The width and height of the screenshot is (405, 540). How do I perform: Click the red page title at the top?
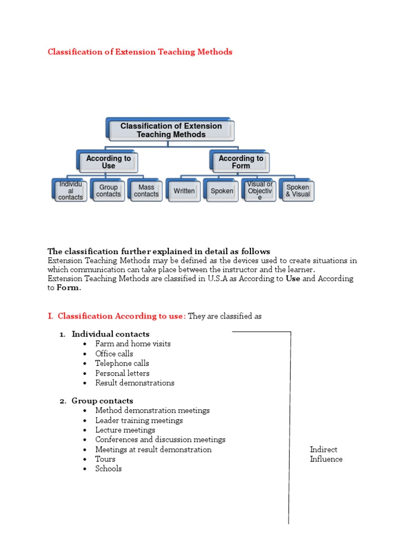click(x=140, y=52)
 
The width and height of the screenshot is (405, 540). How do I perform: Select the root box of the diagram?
click(x=171, y=130)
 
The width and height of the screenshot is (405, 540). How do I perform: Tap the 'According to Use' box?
click(x=108, y=162)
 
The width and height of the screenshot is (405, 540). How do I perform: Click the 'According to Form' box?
click(x=240, y=162)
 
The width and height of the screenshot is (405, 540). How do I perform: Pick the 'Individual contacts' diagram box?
click(x=70, y=190)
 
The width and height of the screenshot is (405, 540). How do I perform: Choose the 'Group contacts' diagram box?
click(x=108, y=190)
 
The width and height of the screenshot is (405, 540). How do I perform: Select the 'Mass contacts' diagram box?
click(x=146, y=190)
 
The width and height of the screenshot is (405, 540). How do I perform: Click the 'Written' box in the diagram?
click(x=184, y=191)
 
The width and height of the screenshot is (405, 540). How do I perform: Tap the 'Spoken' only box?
click(x=222, y=191)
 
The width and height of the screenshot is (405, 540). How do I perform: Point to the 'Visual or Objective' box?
click(x=259, y=191)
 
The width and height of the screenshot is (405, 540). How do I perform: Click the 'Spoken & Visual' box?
click(x=297, y=190)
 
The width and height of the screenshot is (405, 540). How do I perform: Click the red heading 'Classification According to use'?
click(x=121, y=316)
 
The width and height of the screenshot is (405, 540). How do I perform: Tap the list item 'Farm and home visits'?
click(x=133, y=344)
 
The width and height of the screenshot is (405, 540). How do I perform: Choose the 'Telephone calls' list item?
click(x=122, y=363)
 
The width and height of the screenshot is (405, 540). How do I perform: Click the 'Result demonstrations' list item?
click(x=134, y=383)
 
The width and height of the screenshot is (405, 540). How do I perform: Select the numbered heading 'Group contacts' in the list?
click(x=102, y=401)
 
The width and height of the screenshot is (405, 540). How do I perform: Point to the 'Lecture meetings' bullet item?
click(x=125, y=430)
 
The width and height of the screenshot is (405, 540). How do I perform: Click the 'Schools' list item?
click(x=108, y=469)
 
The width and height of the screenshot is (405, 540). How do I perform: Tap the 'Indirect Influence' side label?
click(x=326, y=454)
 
